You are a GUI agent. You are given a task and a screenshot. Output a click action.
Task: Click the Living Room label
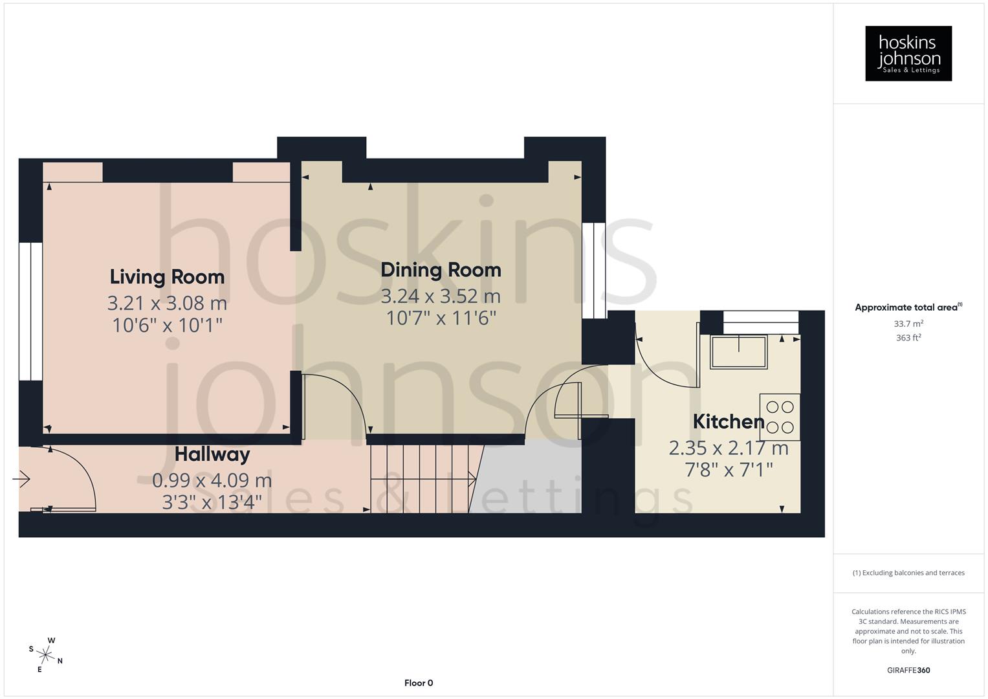[x=167, y=277]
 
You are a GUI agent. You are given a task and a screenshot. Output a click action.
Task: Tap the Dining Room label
[x=441, y=270]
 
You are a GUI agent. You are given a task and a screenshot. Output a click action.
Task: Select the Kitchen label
[x=729, y=422]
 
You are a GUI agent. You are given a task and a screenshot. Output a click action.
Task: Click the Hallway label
[x=212, y=454]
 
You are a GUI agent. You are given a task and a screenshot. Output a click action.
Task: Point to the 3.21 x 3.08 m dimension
[x=167, y=303]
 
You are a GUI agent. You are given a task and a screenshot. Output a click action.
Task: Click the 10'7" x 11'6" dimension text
[x=441, y=318]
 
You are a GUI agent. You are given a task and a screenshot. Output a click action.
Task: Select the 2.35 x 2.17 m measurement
[x=729, y=448]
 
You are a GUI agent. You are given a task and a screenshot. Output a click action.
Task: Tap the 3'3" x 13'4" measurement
[x=212, y=502]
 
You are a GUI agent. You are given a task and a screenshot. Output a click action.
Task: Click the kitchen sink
[x=738, y=352]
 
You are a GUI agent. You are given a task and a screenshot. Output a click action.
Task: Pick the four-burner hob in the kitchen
[x=780, y=417]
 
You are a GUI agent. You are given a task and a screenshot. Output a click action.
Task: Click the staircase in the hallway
[x=421, y=479]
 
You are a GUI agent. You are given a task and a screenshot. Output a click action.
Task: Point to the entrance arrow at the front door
[x=21, y=480]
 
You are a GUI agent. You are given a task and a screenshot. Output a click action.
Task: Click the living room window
[x=30, y=311]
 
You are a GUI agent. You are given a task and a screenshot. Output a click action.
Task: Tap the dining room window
[x=593, y=271]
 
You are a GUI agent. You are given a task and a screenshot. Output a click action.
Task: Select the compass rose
[x=46, y=654]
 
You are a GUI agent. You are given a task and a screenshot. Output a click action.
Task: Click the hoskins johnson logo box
[x=908, y=54]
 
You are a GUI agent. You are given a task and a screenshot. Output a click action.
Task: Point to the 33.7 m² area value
[x=908, y=324]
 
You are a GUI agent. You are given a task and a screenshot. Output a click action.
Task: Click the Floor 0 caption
[x=419, y=683]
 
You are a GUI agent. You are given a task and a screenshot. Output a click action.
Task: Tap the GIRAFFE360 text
[x=908, y=670]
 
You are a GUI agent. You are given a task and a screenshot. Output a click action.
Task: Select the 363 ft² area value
[x=908, y=338]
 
